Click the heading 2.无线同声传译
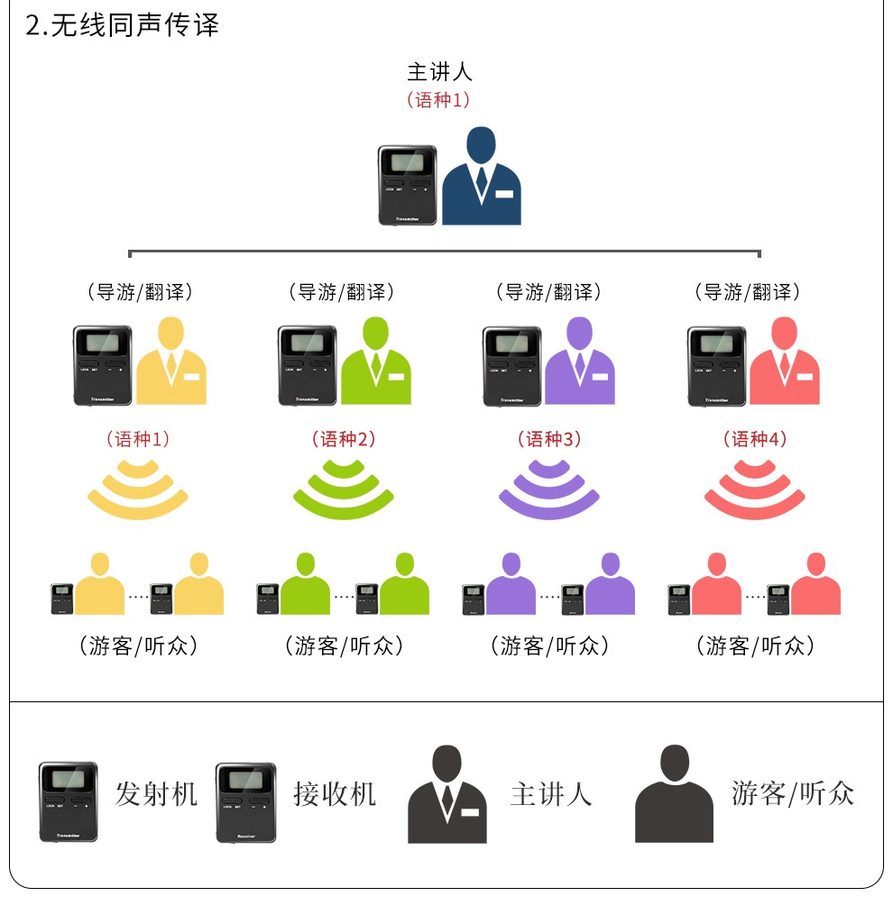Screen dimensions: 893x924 click(x=122, y=24)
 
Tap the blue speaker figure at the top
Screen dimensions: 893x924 click(x=482, y=176)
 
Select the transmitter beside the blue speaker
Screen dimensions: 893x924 click(x=408, y=185)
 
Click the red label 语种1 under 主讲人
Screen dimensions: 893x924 click(x=438, y=99)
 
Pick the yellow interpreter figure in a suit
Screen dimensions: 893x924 click(x=171, y=361)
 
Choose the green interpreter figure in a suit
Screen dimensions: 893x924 click(x=376, y=361)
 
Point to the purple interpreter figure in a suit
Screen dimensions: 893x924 click(x=580, y=361)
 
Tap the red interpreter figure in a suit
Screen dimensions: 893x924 click(x=785, y=361)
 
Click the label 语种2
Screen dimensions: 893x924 click(x=344, y=439)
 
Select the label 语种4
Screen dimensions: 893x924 click(x=755, y=439)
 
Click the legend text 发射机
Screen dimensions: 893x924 click(x=156, y=794)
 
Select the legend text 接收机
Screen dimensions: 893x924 click(x=335, y=794)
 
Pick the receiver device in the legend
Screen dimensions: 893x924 click(x=246, y=802)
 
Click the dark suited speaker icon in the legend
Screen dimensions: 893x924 click(x=447, y=794)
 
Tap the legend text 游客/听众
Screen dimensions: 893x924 click(x=793, y=793)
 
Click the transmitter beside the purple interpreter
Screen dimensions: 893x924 click(x=512, y=366)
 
